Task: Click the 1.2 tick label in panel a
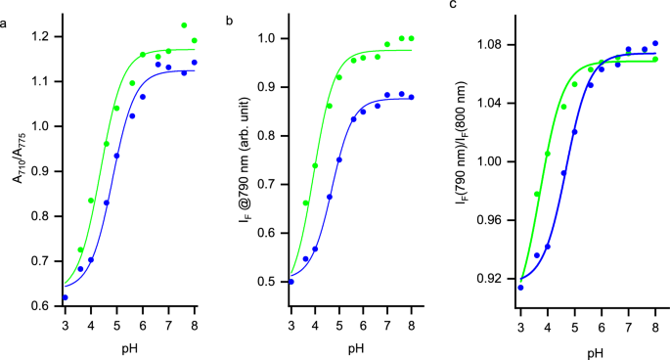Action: pos(42,36)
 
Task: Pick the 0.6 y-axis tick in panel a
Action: pos(42,306)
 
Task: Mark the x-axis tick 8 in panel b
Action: pos(412,323)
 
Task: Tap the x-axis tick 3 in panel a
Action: pos(65,323)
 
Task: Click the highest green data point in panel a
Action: pos(184,25)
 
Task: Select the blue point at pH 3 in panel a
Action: pos(66,297)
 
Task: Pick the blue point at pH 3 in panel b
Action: pos(290,282)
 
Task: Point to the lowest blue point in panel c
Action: pos(520,288)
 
